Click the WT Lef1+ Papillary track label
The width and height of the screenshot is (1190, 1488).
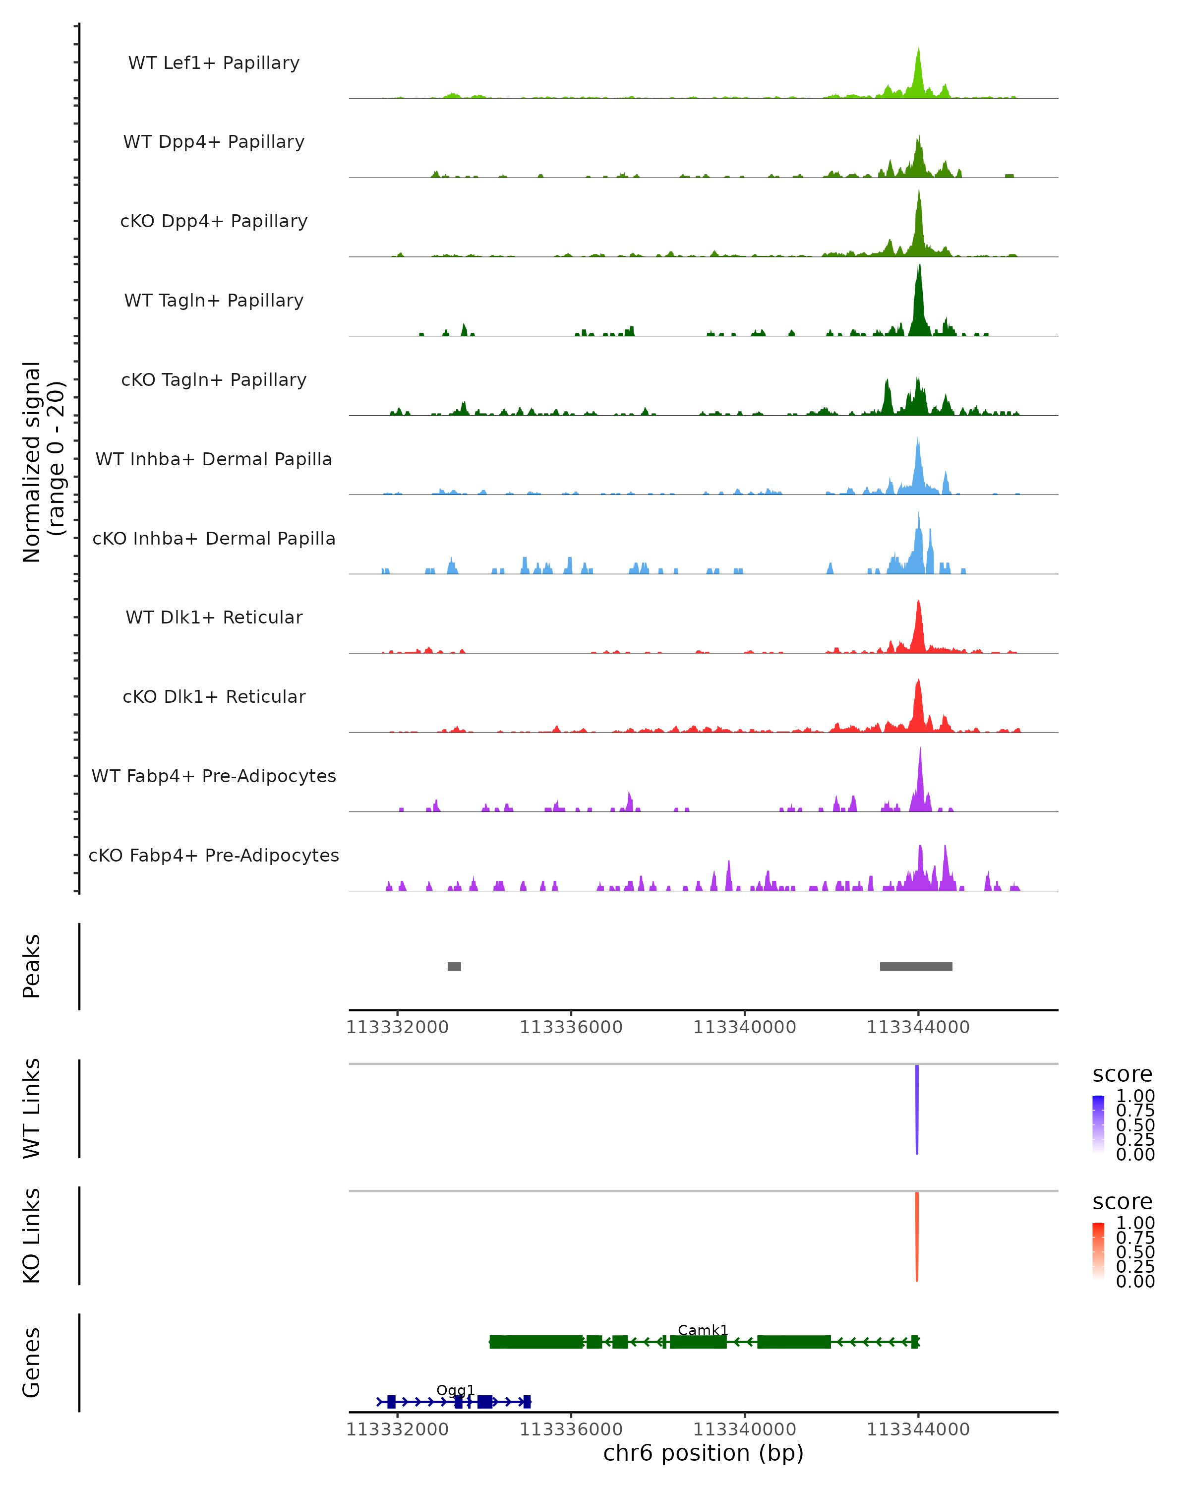pyautogui.click(x=214, y=63)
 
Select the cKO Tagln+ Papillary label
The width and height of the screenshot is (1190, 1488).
pyautogui.click(x=214, y=380)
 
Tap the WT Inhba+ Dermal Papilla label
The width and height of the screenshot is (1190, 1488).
pyautogui.click(x=214, y=460)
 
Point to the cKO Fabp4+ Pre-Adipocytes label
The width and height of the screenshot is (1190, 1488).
pyautogui.click(x=214, y=856)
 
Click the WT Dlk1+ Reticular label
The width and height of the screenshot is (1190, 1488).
pyautogui.click(x=214, y=618)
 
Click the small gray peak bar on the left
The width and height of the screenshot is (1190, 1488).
pyautogui.click(x=454, y=966)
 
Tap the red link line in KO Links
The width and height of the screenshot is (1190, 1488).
pyautogui.click(x=917, y=1236)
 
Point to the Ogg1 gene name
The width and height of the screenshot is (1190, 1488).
pyautogui.click(x=455, y=1390)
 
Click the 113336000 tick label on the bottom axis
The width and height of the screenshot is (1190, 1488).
pyautogui.click(x=571, y=1429)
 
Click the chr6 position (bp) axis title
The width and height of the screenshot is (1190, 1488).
pyautogui.click(x=703, y=1453)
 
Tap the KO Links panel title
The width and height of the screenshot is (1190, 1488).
pyautogui.click(x=32, y=1236)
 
